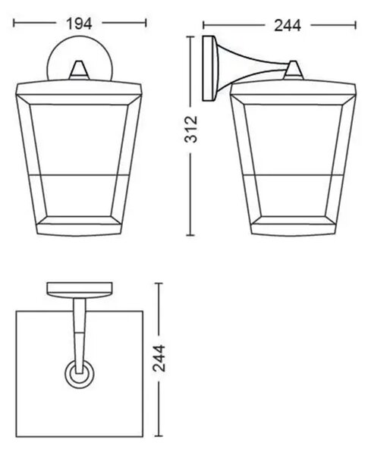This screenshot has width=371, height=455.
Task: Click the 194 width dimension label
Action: pyautogui.click(x=79, y=24)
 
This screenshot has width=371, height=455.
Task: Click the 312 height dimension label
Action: pyautogui.click(x=191, y=129)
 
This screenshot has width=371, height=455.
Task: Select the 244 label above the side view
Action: pyautogui.click(x=288, y=26)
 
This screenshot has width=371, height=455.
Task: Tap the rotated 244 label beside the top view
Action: pyautogui.click(x=159, y=358)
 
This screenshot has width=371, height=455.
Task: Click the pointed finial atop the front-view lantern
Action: pyautogui.click(x=78, y=70)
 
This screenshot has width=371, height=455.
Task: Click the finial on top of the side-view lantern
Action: pyautogui.click(x=294, y=70)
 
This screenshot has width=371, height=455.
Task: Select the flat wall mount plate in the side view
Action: pyautogui.click(x=209, y=68)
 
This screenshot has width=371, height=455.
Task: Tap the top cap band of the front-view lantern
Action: pyautogui.click(x=79, y=89)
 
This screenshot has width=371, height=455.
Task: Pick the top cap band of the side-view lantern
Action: pyautogui.click(x=293, y=89)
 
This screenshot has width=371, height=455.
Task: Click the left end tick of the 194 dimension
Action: pyautogui.click(x=14, y=24)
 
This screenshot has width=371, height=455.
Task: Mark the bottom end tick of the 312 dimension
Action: pyautogui.click(x=190, y=235)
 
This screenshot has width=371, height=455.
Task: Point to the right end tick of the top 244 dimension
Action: pyautogui.click(x=355, y=25)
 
